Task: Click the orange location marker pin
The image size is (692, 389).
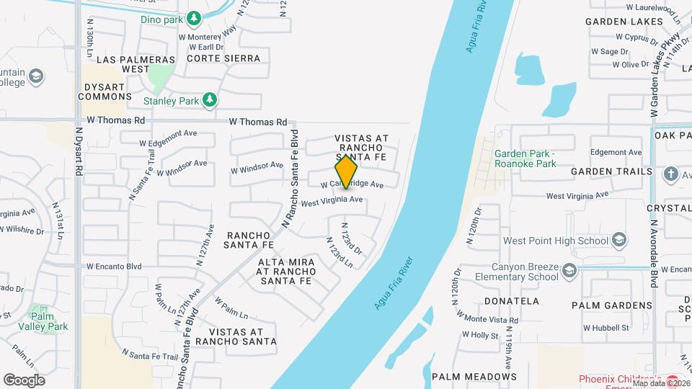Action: coord(347,172)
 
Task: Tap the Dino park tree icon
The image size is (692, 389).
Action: coord(193,17)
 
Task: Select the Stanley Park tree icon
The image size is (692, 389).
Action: coord(210,99)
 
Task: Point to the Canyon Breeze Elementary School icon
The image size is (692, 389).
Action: coord(569,271)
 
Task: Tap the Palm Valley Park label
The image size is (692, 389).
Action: coord(48,321)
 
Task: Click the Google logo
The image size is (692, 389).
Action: coord(24,380)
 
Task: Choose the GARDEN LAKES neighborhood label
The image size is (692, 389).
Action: coord(624,22)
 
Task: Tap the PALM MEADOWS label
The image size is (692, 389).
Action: coord(474,376)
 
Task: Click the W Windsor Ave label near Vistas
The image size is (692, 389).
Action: coord(257,167)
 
